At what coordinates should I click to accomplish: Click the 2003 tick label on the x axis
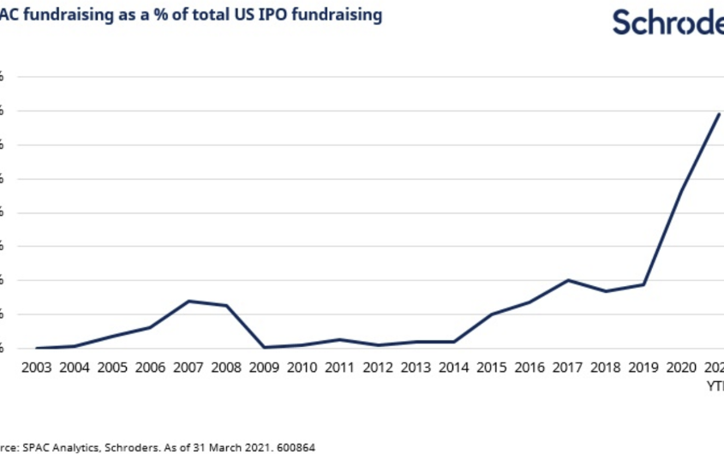pos(37,367)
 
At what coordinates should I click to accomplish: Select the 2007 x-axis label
pos(188,367)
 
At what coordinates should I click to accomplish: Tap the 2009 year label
pos(264,367)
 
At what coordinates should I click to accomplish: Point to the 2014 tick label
pos(453,367)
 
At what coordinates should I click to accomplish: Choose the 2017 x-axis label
pos(567,367)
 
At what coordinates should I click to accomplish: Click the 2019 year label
pos(643,367)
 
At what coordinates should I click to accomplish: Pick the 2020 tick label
pos(681,367)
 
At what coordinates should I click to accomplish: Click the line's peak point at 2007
pos(188,301)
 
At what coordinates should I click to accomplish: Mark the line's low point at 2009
pos(264,347)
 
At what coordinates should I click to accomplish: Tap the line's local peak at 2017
pos(567,280)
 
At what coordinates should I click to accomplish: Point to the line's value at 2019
pos(643,284)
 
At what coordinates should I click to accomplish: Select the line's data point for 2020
pos(681,190)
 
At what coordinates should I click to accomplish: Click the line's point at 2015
pos(492,314)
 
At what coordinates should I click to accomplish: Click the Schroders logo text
pos(667,23)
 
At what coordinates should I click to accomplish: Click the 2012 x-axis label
pos(378,367)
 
